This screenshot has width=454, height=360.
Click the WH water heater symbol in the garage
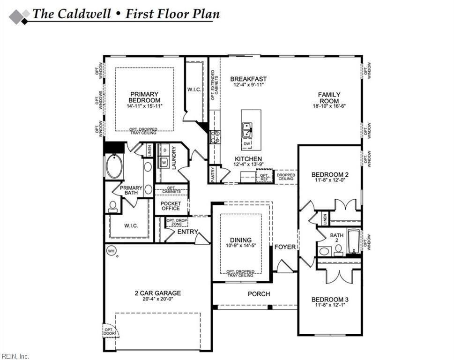(x=111, y=251)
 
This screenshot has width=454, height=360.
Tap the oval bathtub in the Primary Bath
(x=113, y=167)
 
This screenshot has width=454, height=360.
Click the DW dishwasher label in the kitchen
(x=247, y=143)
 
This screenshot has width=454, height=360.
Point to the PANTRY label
(x=213, y=173)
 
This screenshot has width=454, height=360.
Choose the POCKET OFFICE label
(x=171, y=206)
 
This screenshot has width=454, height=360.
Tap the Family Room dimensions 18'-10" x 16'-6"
(x=329, y=107)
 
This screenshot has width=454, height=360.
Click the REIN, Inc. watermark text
(x=15, y=357)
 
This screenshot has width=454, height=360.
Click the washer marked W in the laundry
(x=164, y=162)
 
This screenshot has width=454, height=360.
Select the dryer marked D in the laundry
(x=164, y=150)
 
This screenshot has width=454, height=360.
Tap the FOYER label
(x=285, y=247)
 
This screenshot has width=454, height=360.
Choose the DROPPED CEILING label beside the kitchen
(x=285, y=176)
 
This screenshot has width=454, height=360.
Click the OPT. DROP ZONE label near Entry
(x=177, y=223)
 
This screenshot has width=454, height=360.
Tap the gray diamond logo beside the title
(x=19, y=16)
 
